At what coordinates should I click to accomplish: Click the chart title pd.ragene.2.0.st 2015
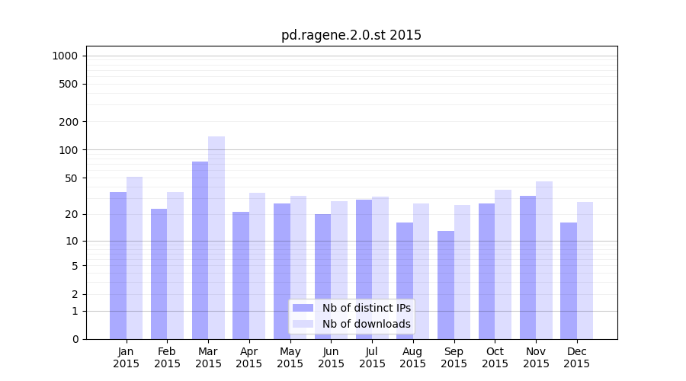pos(351,35)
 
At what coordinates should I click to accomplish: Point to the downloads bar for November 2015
pos(544,260)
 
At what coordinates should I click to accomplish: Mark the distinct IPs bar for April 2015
pos(241,275)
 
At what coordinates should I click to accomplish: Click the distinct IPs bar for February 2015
pos(159,274)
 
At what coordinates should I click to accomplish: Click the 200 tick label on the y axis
pos(69,122)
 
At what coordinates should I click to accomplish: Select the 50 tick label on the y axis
pos(72,178)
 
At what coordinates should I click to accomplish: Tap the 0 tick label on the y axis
pos(75,339)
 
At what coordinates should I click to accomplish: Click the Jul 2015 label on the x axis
pos(372,357)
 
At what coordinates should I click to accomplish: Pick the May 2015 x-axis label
pos(290,357)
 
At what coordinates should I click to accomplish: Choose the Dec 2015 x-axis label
pos(577,357)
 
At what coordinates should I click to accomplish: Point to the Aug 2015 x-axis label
pos(413,357)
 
